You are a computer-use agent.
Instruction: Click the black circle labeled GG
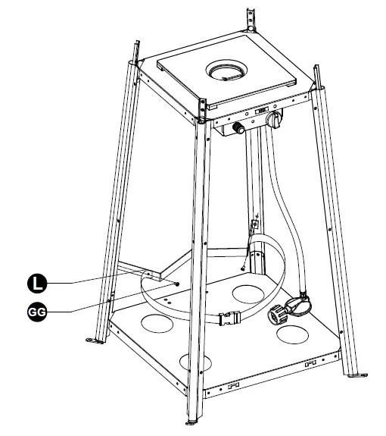(x=36, y=310)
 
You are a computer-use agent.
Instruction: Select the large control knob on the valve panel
(x=275, y=119)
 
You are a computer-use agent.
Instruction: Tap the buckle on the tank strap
(x=228, y=321)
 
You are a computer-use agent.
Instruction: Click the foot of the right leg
(x=355, y=373)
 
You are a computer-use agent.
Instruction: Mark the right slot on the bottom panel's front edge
(x=310, y=365)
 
